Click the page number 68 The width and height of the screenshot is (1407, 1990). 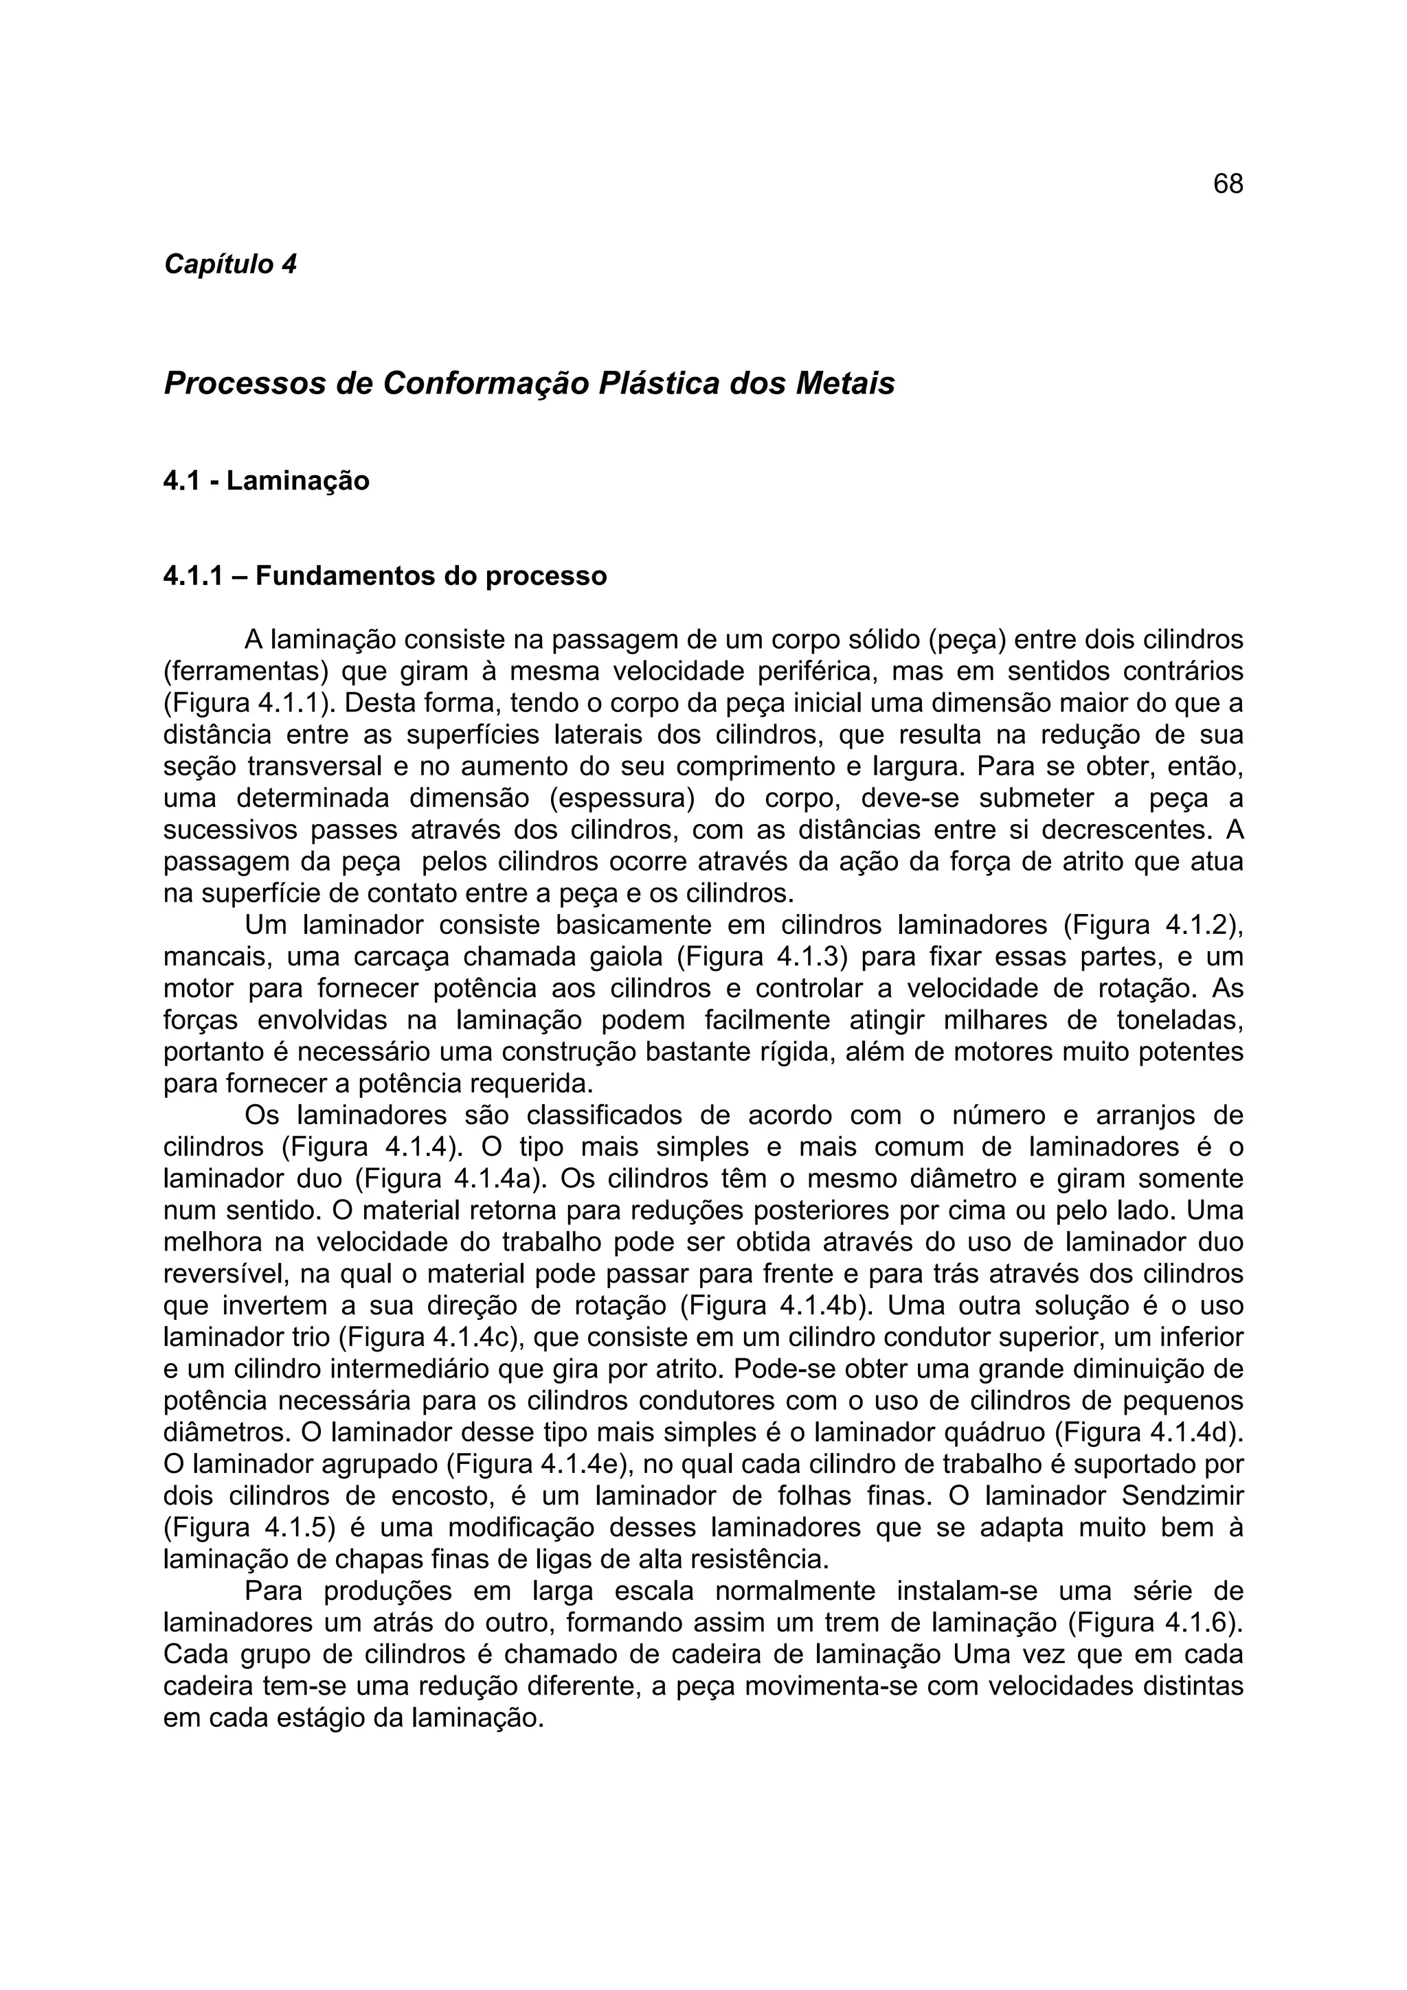pyautogui.click(x=1228, y=184)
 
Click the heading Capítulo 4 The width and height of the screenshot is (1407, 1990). pyautogui.click(x=229, y=264)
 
